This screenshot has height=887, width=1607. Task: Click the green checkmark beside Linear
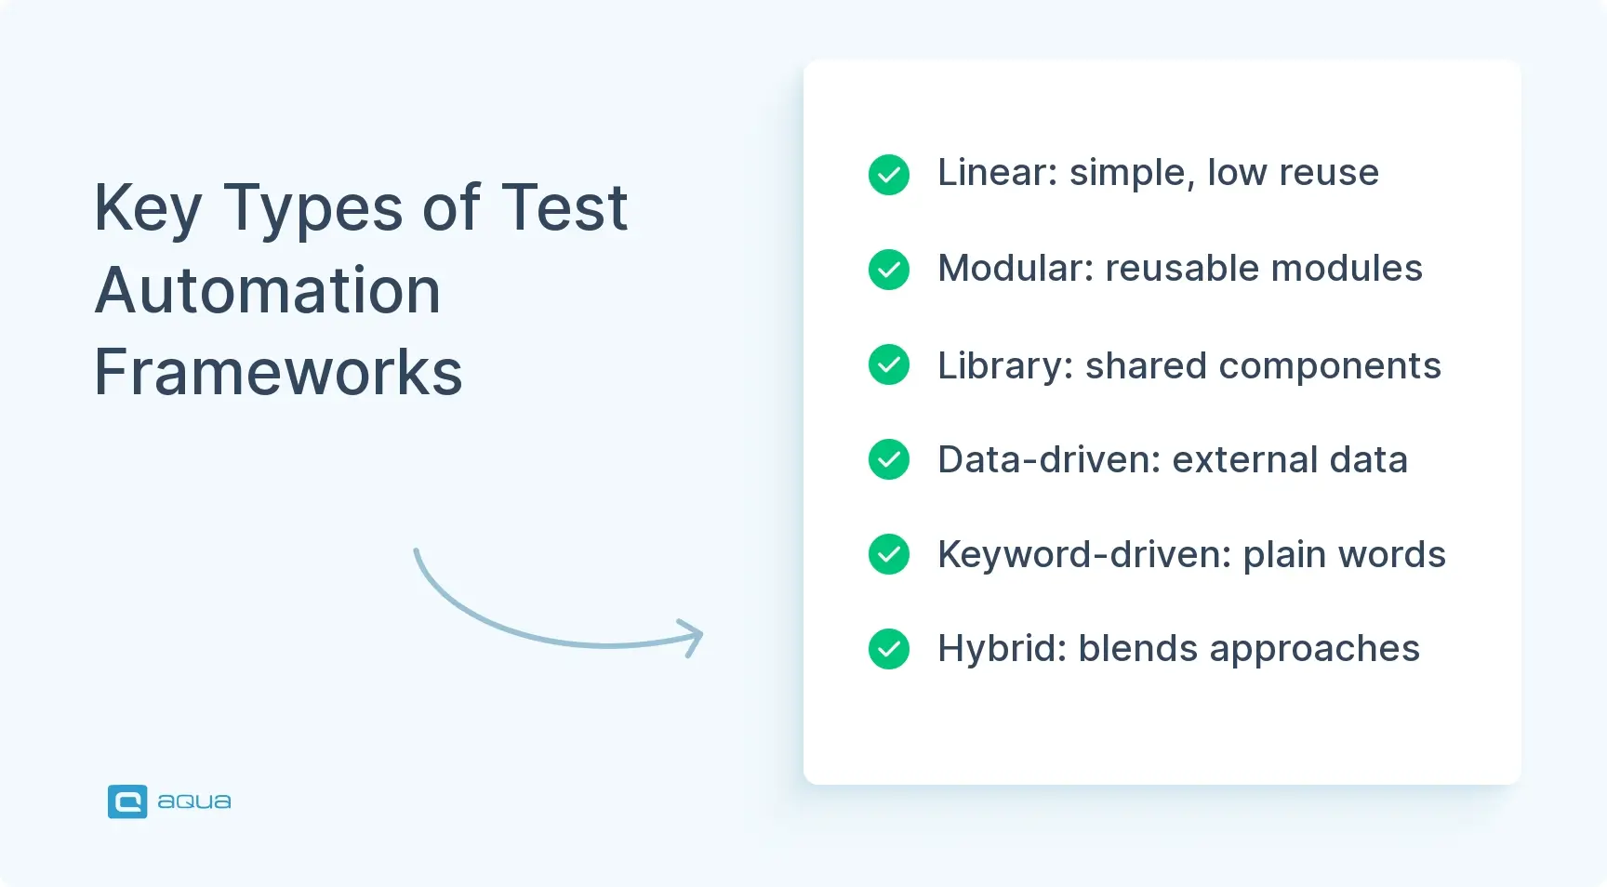pyautogui.click(x=888, y=175)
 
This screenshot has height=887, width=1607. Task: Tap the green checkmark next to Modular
pyautogui.click(x=888, y=270)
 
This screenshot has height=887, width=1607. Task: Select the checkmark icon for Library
pyautogui.click(x=888, y=364)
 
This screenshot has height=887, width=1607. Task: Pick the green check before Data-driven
pyautogui.click(x=888, y=459)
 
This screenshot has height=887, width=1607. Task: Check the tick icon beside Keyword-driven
pyautogui.click(x=888, y=554)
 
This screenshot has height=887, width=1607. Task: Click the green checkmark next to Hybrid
pyautogui.click(x=888, y=649)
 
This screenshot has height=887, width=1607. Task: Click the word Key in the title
pyautogui.click(x=148, y=208)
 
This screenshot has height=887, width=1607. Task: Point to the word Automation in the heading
pyautogui.click(x=268, y=290)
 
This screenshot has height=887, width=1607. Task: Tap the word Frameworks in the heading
pyautogui.click(x=278, y=372)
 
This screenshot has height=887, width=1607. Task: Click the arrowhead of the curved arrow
pyautogui.click(x=693, y=637)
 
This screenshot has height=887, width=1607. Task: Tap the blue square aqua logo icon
pyautogui.click(x=127, y=801)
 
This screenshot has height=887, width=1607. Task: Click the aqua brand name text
pyautogui.click(x=194, y=801)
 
